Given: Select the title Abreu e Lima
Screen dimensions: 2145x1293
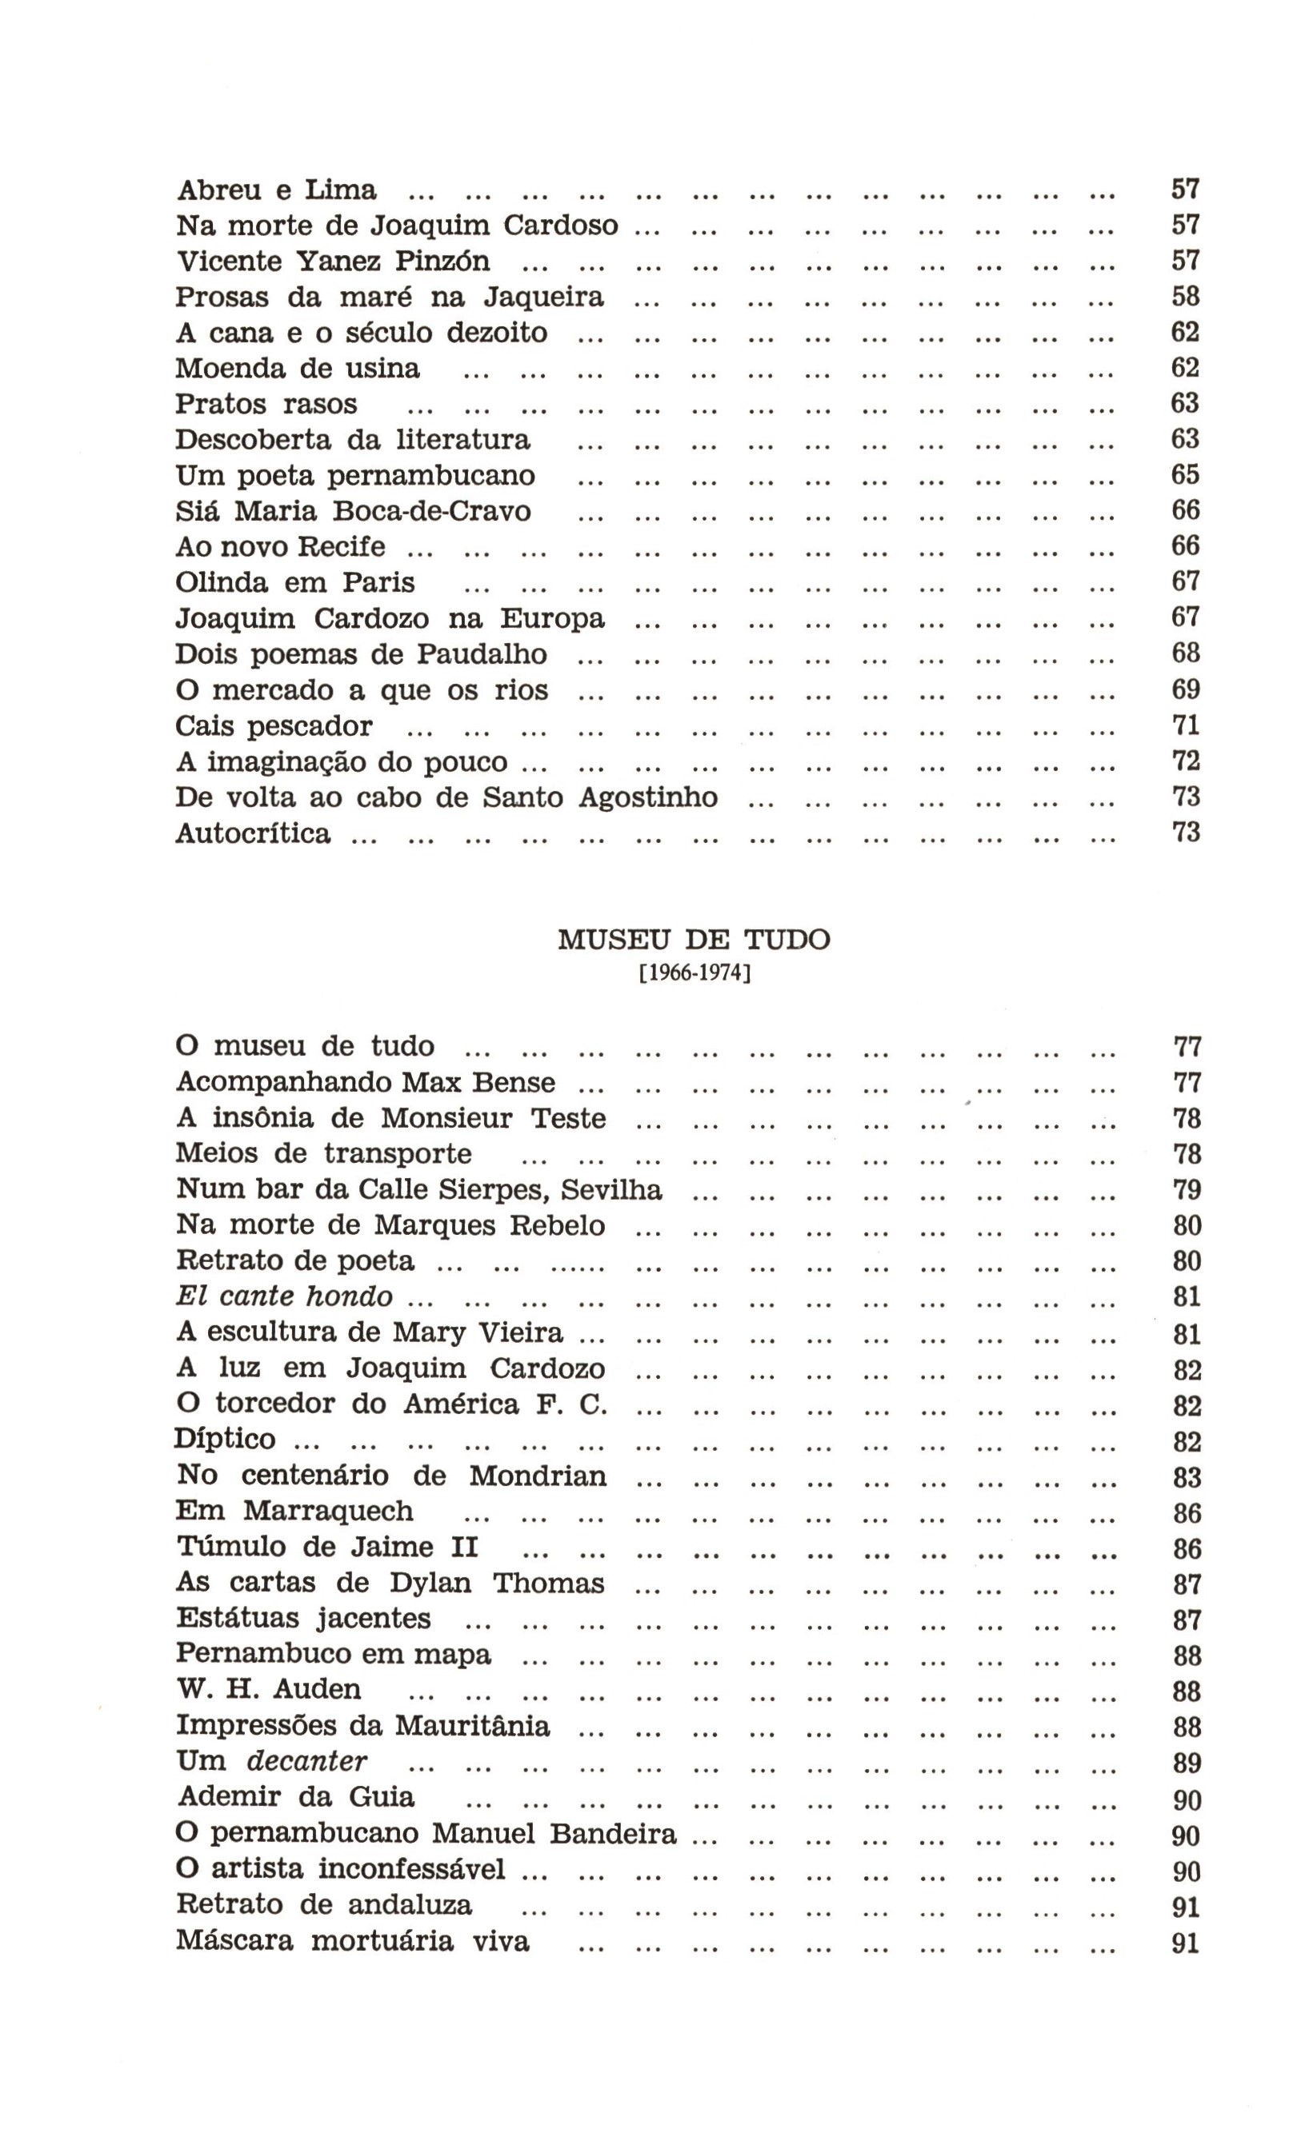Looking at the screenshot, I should point(276,190).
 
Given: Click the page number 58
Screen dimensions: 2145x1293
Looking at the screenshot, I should point(1185,297).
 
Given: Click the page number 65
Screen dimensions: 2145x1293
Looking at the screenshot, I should point(1185,474).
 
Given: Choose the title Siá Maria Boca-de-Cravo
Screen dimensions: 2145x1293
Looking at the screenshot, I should point(353,511).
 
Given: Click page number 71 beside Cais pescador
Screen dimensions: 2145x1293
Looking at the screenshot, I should point(1185,725).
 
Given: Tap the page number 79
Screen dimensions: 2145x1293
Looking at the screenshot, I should point(1187,1190).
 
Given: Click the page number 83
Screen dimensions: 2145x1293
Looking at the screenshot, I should point(1187,1477).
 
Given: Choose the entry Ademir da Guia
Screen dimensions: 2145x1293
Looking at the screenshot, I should point(296,1797).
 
